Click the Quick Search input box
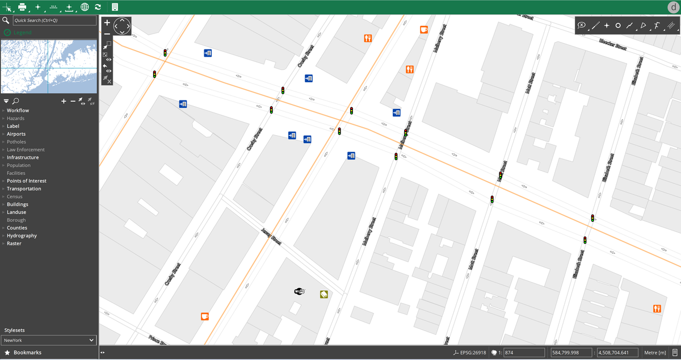[54, 20]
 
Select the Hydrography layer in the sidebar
[22, 236]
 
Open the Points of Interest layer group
[26, 181]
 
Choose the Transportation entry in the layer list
[24, 189]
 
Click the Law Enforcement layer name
[26, 150]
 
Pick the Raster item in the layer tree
[14, 244]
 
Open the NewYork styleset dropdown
[49, 340]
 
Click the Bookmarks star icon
[7, 353]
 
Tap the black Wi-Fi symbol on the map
[299, 291]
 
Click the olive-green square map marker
[323, 294]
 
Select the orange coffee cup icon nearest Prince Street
[205, 316]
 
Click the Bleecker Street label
[612, 44]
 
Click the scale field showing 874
[523, 353]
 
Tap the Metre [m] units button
[655, 353]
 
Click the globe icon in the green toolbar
[85, 7]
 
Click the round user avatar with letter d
[673, 7]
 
